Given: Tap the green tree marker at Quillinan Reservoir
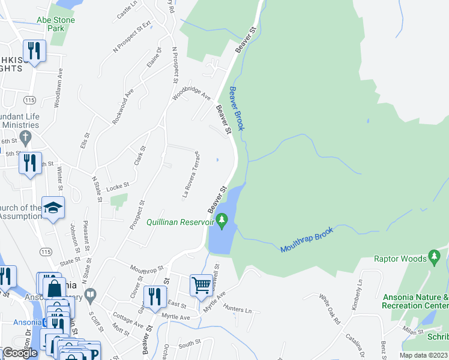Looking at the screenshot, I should pyautogui.click(x=223, y=221).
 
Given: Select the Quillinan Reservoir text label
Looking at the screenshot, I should pyautogui.click(x=180, y=222).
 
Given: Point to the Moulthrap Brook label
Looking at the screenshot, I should pyautogui.click(x=306, y=239).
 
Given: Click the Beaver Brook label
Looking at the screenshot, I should pyautogui.click(x=237, y=109).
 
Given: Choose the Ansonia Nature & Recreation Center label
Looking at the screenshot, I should pyautogui.click(x=415, y=301).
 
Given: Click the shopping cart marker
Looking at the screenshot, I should pyautogui.click(x=201, y=284).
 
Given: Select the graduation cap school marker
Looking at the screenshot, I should pyautogui.click(x=53, y=208).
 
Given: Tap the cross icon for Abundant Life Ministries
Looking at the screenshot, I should pyautogui.click(x=25, y=139).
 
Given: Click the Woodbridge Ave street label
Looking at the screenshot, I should pyautogui.click(x=191, y=96).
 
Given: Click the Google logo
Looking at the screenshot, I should pyautogui.click(x=20, y=353).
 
